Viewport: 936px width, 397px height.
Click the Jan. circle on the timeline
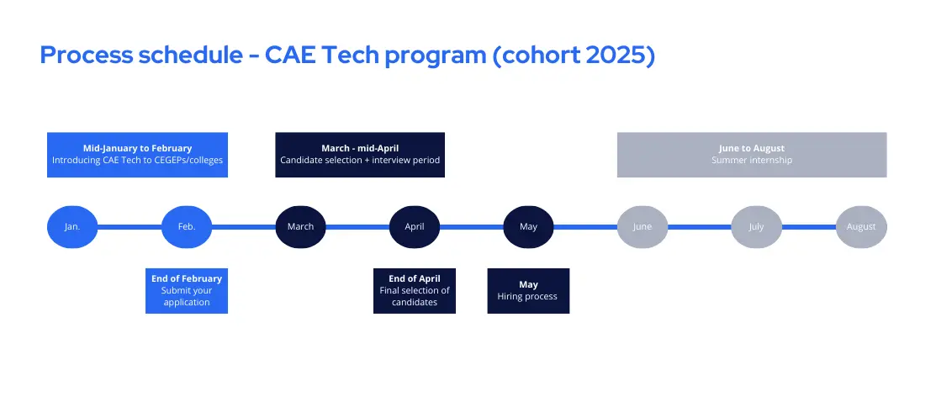pyautogui.click(x=72, y=227)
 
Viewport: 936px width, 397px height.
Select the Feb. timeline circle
pyautogui.click(x=187, y=227)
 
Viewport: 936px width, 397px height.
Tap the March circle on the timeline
pyautogui.click(x=300, y=227)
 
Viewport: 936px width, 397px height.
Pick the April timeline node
pyautogui.click(x=415, y=227)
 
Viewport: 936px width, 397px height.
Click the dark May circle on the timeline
pyautogui.click(x=528, y=227)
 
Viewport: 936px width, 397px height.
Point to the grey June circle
pyautogui.click(x=643, y=227)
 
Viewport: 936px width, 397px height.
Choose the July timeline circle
pyautogui.click(x=756, y=227)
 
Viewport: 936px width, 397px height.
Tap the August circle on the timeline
pyautogui.click(x=861, y=227)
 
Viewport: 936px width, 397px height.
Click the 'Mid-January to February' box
pyautogui.click(x=137, y=155)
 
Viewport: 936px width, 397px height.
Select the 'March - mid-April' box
pyautogui.click(x=360, y=155)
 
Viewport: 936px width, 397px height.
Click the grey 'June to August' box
pyautogui.click(x=752, y=155)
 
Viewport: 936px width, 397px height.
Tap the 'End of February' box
pyautogui.click(x=187, y=291)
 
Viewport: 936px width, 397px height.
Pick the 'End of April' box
pyautogui.click(x=415, y=291)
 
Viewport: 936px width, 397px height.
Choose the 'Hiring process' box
pyautogui.click(x=528, y=291)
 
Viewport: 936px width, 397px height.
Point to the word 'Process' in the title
pyautogui.click(x=86, y=56)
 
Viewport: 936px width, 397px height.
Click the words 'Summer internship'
pyautogui.click(x=752, y=160)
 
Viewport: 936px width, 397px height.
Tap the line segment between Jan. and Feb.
pyautogui.click(x=130, y=227)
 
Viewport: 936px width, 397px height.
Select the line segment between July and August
pyautogui.click(x=809, y=227)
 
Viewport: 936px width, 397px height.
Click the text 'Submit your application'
pyautogui.click(x=187, y=296)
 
